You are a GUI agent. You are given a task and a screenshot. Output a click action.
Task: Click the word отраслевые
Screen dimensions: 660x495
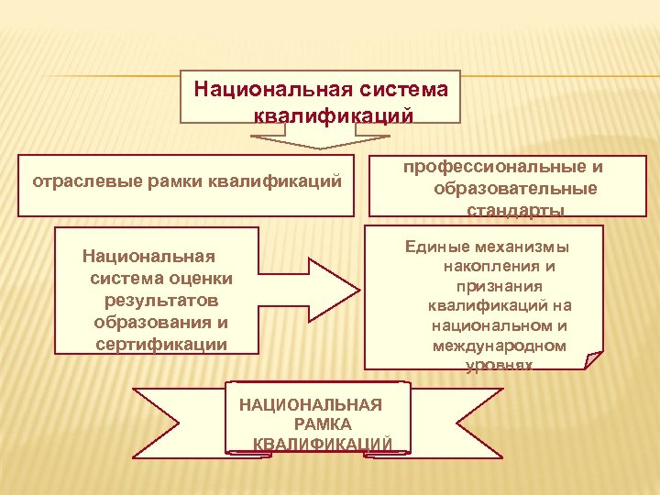tap(73, 181)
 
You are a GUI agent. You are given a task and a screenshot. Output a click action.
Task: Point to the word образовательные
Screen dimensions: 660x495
tap(516, 189)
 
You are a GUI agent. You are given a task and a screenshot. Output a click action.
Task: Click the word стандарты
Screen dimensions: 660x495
tap(514, 211)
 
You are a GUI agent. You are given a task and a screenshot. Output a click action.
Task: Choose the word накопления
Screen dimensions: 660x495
tap(488, 267)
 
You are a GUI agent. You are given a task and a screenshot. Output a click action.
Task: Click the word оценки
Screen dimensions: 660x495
tap(199, 278)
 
